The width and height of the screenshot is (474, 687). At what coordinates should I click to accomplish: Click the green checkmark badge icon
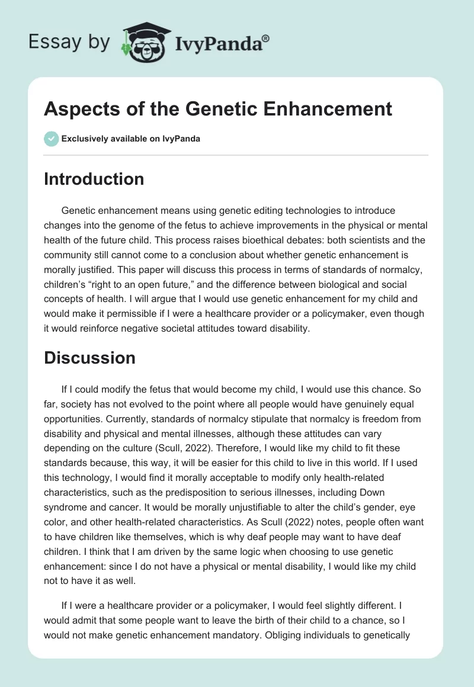(52, 139)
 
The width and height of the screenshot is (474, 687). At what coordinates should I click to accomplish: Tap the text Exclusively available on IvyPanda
(131, 139)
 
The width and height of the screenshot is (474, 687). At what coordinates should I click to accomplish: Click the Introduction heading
(94, 179)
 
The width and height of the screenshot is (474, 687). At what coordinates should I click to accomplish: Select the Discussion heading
(89, 358)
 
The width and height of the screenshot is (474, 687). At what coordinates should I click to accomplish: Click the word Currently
(64, 419)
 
